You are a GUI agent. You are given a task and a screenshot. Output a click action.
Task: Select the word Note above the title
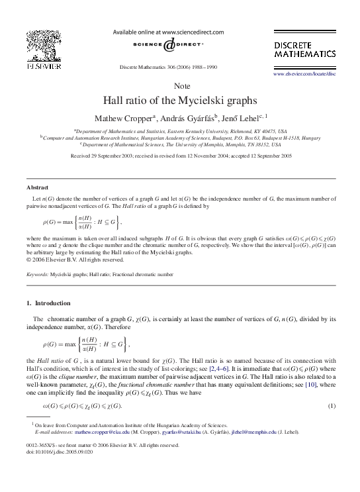(x=180, y=87)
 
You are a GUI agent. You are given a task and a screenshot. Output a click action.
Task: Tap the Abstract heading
(x=37, y=187)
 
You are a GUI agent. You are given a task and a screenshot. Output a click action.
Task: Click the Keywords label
(x=36, y=273)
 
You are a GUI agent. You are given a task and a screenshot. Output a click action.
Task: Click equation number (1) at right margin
(x=333, y=405)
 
